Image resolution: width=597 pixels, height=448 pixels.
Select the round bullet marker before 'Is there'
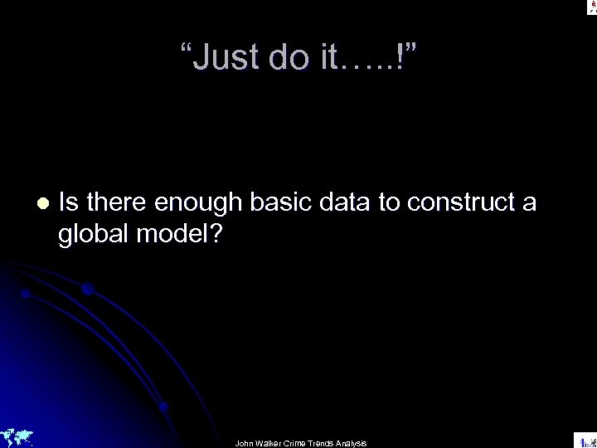click(x=42, y=202)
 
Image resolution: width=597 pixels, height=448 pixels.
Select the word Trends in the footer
click(x=328, y=443)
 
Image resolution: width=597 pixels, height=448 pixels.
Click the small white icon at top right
click(x=590, y=7)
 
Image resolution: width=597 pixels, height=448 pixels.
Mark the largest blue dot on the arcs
click(x=87, y=289)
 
